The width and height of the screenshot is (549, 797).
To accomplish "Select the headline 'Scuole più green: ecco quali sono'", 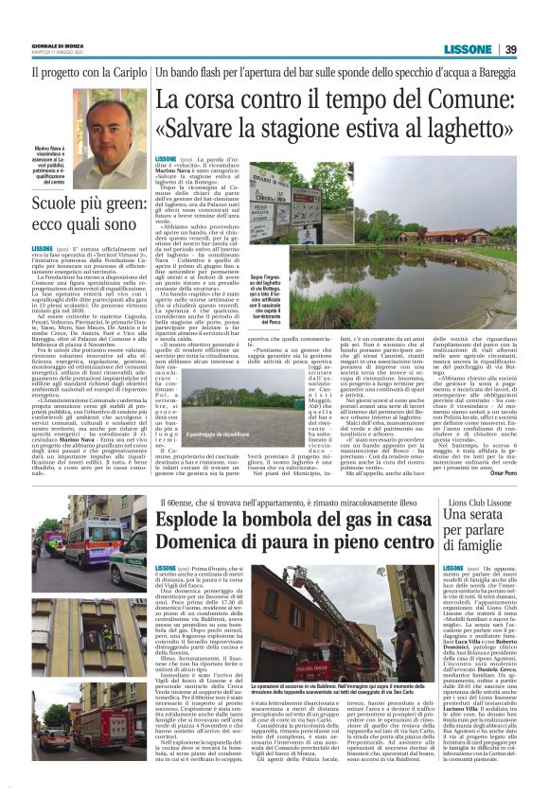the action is click(86, 213).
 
